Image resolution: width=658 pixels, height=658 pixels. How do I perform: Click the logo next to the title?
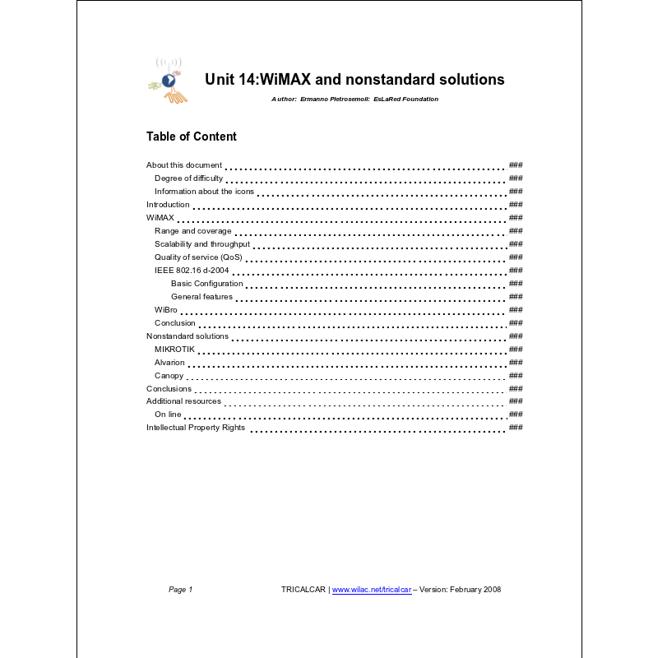click(x=169, y=80)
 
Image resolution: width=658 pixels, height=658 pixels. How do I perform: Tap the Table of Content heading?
click(x=191, y=137)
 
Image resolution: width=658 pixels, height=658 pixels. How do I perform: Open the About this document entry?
click(x=184, y=165)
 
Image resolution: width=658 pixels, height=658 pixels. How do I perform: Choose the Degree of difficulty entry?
click(x=188, y=178)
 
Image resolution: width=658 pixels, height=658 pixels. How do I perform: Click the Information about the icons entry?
click(x=204, y=192)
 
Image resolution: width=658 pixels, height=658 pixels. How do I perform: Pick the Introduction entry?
click(x=168, y=205)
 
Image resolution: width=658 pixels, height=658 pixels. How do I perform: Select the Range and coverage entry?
click(x=192, y=231)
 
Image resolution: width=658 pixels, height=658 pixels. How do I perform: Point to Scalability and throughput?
click(x=202, y=244)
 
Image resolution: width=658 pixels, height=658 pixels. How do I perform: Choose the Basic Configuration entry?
click(x=206, y=284)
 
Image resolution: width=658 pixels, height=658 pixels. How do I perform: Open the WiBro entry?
click(x=165, y=310)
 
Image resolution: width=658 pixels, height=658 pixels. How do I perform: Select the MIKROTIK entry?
click(x=174, y=350)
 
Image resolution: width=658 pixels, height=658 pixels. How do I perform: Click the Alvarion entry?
click(x=169, y=363)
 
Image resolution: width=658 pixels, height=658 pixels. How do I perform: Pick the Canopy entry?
click(x=169, y=376)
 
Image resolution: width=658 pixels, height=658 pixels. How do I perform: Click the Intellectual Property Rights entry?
click(x=196, y=428)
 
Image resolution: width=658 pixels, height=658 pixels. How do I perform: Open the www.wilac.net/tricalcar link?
click(x=372, y=590)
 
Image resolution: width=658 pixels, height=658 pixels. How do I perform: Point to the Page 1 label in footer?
click(x=180, y=590)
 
